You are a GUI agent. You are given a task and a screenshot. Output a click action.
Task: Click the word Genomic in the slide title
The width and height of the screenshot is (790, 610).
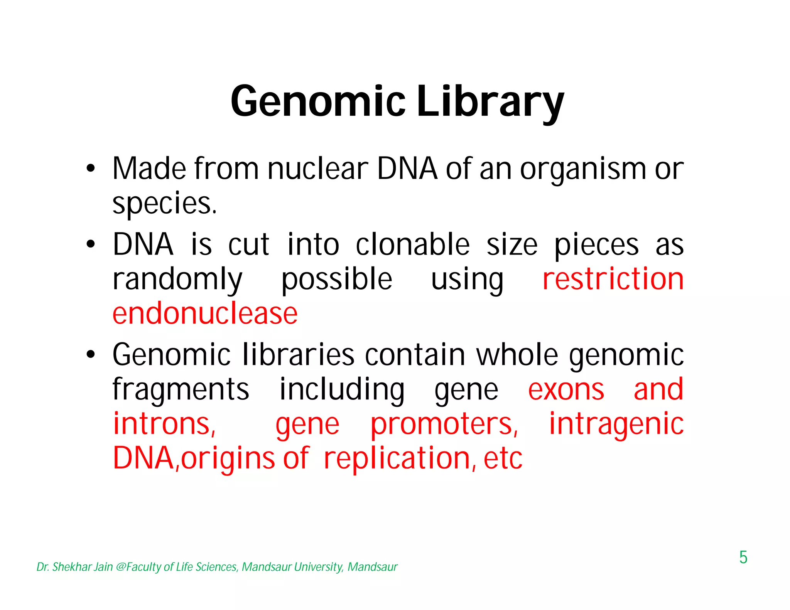coord(317,101)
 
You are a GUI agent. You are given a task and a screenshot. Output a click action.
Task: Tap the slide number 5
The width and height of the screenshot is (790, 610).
coord(743,558)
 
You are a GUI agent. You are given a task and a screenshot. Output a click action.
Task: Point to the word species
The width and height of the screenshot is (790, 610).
coord(164,203)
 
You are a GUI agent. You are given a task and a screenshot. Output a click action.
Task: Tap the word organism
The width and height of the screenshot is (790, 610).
coord(582,170)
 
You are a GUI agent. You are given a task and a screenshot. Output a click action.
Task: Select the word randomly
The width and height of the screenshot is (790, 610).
coord(177,280)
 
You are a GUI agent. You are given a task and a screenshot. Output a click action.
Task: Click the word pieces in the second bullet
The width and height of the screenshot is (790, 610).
coord(596,246)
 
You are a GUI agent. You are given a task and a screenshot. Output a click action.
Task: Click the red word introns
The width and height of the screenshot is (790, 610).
coord(164,424)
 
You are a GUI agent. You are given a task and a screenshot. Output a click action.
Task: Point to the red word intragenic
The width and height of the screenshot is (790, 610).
coord(616,425)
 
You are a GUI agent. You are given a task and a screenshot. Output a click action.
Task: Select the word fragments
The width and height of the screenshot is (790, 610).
coord(181,390)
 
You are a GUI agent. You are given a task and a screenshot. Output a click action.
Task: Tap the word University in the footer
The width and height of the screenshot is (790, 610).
coord(318,567)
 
